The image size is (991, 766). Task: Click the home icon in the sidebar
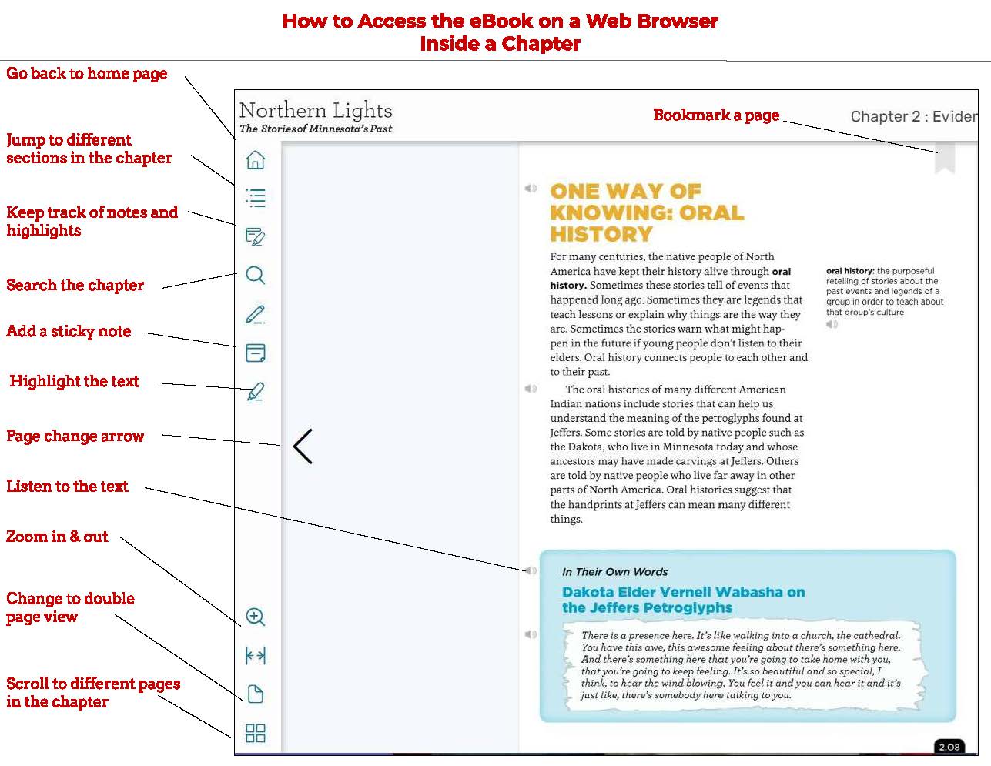coord(255,159)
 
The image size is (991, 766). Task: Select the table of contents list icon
coord(255,198)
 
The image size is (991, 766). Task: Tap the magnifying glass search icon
coord(255,275)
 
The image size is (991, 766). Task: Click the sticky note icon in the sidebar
coord(255,353)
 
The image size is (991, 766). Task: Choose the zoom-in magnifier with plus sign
coord(255,617)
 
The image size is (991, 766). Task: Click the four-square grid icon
coord(255,733)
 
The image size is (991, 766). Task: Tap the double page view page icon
coord(255,694)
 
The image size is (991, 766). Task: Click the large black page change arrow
coord(303,446)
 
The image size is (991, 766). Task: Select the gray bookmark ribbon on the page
coord(945,159)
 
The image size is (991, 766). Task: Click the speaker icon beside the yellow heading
coord(531,188)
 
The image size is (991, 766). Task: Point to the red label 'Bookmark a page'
coord(716,115)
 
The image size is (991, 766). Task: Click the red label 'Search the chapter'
coord(75,285)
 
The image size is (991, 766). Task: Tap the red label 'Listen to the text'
coord(67,487)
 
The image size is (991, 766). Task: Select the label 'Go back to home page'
coord(86,74)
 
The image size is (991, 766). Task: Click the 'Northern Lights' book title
coord(316,110)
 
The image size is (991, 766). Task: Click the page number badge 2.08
coord(949,747)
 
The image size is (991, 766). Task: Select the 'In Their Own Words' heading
coord(614,572)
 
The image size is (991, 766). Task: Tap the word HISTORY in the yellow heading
coord(601,234)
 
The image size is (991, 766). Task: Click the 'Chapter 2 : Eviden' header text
coord(913,116)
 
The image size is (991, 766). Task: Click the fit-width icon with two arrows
coord(255,656)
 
